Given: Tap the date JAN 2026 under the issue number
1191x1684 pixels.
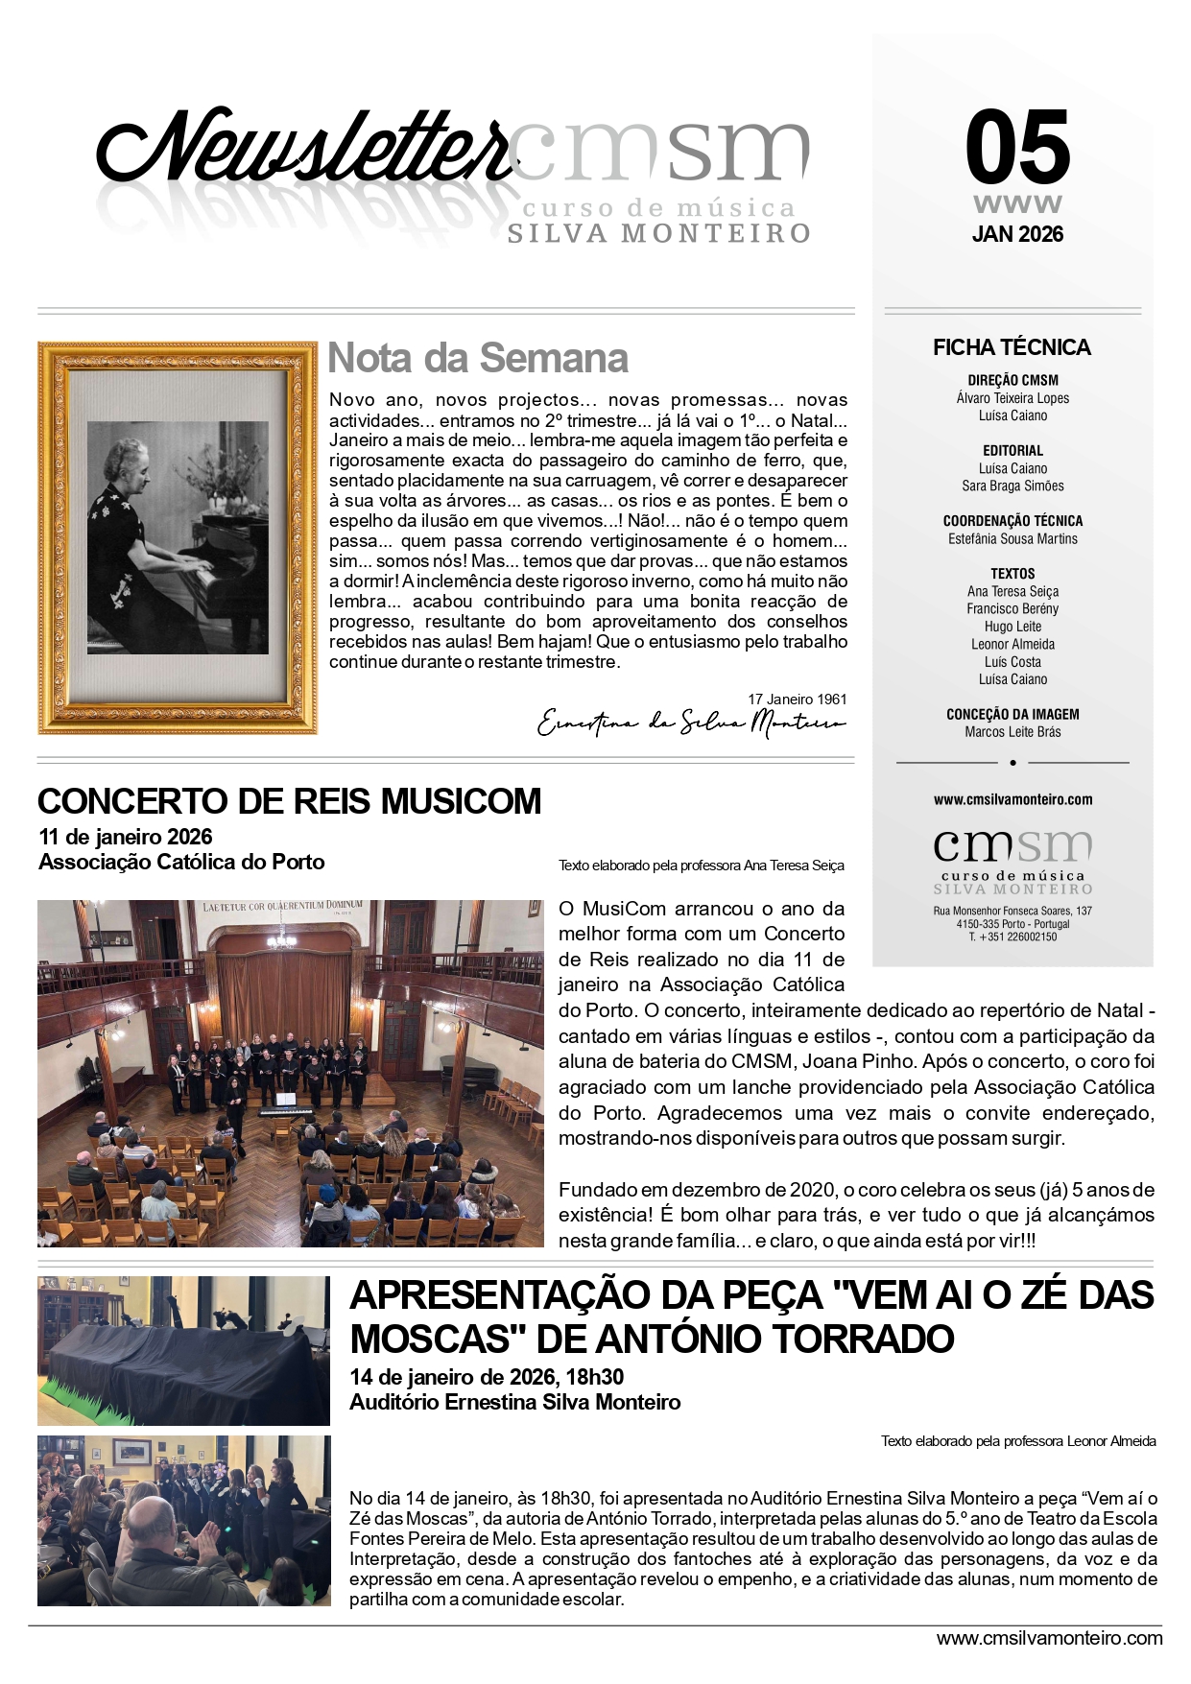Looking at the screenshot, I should tap(1017, 234).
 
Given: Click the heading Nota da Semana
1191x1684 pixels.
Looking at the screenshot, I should tap(478, 358).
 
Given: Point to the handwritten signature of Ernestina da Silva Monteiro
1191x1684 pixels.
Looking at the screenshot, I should tap(691, 723).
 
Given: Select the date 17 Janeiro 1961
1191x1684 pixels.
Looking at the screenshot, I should tap(797, 700).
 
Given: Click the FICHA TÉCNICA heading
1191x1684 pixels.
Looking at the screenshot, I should tap(1012, 347).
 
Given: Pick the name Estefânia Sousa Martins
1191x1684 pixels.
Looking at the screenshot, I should tap(1012, 539).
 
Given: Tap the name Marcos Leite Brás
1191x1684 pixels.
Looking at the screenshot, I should tap(1012, 732).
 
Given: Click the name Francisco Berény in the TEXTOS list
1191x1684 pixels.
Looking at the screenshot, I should tap(1012, 609).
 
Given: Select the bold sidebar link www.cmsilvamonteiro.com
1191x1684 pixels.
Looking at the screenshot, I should tap(1012, 799).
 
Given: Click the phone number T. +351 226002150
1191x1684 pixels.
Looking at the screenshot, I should tap(1012, 937).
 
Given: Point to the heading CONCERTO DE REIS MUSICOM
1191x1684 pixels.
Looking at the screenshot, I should tap(289, 801).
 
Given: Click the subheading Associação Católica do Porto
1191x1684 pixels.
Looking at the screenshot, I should tap(181, 862).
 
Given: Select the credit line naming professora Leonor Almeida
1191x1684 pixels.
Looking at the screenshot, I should tap(1018, 1441).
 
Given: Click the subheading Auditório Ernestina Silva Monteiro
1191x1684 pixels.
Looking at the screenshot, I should tap(514, 1402).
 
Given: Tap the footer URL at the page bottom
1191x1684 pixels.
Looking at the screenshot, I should tap(1049, 1638).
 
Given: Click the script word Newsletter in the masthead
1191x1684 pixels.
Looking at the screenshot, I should tap(302, 149).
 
